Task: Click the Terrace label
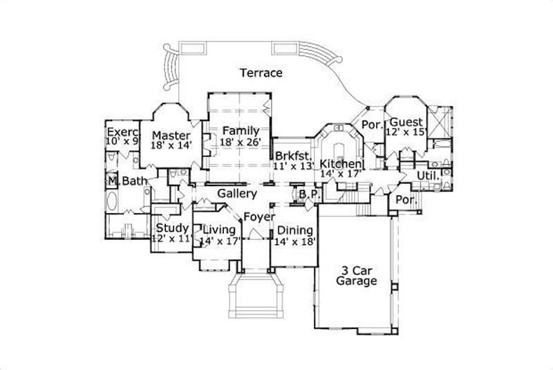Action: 261,73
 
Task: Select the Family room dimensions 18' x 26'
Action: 240,142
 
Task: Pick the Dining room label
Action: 294,230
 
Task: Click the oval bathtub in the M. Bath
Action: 113,204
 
